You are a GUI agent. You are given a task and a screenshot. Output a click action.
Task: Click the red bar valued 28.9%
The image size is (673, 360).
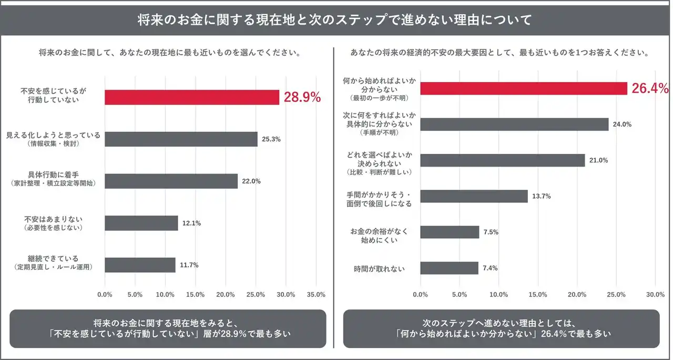pyautogui.click(x=192, y=97)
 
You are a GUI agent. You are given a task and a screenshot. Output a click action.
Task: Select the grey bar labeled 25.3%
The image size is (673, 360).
pyautogui.click(x=181, y=139)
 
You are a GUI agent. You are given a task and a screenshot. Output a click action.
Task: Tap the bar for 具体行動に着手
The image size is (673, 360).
pyautogui.click(x=171, y=181)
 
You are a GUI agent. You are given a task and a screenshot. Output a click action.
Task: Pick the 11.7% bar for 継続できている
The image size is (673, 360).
pyautogui.click(x=140, y=265)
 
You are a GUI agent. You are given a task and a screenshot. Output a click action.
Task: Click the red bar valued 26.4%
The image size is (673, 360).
pyautogui.click(x=524, y=88)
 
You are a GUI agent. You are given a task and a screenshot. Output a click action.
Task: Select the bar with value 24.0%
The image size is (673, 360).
pyautogui.click(x=514, y=125)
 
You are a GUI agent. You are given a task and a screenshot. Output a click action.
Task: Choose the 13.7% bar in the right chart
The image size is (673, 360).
pyautogui.click(x=474, y=196)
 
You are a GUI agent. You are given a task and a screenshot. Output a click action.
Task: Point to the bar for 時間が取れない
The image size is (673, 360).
pyautogui.click(x=449, y=268)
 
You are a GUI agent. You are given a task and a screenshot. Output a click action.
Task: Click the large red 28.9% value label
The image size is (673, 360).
pyautogui.click(x=302, y=97)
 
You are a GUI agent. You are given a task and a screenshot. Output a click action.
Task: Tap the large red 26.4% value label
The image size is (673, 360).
pyautogui.click(x=650, y=88)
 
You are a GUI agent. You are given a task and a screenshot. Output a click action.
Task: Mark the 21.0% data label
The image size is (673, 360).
pyautogui.click(x=599, y=160)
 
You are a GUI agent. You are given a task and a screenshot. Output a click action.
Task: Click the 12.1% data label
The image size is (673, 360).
pyautogui.click(x=191, y=223)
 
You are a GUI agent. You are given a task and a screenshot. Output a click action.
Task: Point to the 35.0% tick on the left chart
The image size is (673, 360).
pyautogui.click(x=316, y=294)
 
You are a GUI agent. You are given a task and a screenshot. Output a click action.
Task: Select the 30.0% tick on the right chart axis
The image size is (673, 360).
pyautogui.click(x=655, y=294)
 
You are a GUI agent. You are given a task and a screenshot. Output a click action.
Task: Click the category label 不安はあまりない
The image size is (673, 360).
pyautogui.click(x=54, y=223)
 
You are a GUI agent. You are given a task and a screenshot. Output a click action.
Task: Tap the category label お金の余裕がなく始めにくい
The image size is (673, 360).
pyautogui.click(x=379, y=235)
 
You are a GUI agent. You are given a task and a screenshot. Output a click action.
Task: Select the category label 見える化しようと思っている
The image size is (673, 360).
pyautogui.click(x=53, y=139)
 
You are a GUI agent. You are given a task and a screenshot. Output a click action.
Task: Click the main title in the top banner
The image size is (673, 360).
pyautogui.click(x=335, y=20)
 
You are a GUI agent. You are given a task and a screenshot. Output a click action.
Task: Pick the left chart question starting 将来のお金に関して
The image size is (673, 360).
pyautogui.click(x=169, y=53)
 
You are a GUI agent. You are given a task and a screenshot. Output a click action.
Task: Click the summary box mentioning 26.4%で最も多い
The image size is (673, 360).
pyautogui.click(x=501, y=328)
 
